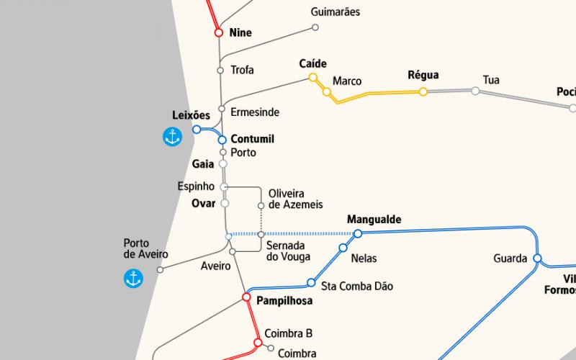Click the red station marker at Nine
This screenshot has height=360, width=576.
218,32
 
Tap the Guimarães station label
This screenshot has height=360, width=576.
335,12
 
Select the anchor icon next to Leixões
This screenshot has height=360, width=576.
172,137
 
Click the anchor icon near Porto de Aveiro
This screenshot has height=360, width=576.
133,278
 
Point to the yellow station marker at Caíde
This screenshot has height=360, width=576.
313,77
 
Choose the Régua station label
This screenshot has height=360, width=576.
423,76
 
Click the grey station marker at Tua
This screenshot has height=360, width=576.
475,91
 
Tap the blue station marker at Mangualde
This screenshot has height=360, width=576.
358,233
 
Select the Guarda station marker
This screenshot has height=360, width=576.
536,258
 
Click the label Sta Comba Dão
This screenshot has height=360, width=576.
357,286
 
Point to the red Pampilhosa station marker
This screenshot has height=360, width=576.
246,297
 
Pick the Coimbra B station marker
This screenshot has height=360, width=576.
258,342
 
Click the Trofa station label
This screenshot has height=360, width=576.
242,70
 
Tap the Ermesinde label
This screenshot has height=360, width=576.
255,112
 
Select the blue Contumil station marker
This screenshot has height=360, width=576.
222,140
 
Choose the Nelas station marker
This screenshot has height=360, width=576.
343,248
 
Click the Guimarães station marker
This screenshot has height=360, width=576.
315,28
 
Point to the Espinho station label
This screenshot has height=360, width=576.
196,186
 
